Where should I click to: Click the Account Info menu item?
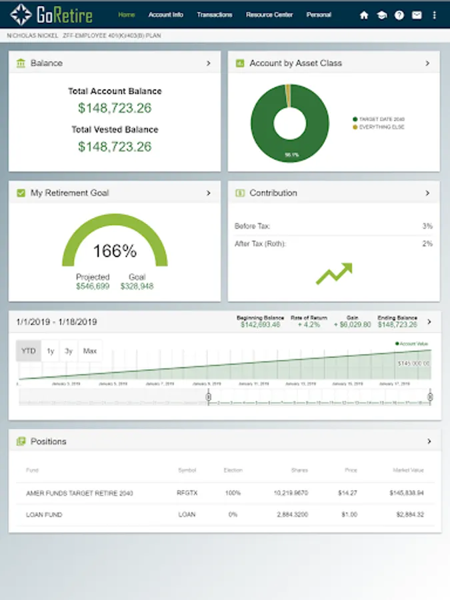(165, 15)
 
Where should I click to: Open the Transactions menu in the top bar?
(215, 15)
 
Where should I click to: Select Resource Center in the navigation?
(269, 15)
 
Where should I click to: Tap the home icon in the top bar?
(364, 15)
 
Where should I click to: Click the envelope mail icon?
(416, 15)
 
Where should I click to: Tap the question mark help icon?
(399, 15)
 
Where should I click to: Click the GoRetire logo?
(51, 15)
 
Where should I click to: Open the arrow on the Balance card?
(208, 63)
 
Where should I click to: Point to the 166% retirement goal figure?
(115, 251)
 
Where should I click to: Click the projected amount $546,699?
(92, 286)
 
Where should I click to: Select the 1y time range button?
(51, 351)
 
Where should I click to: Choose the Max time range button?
(89, 351)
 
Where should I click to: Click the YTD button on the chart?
(29, 351)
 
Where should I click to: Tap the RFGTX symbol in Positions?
(187, 493)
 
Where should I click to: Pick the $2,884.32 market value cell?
(407, 515)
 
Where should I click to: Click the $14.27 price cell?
(348, 493)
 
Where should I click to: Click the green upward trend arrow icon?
(333, 273)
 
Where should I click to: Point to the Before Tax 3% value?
(427, 227)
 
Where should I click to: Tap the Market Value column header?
(407, 471)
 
